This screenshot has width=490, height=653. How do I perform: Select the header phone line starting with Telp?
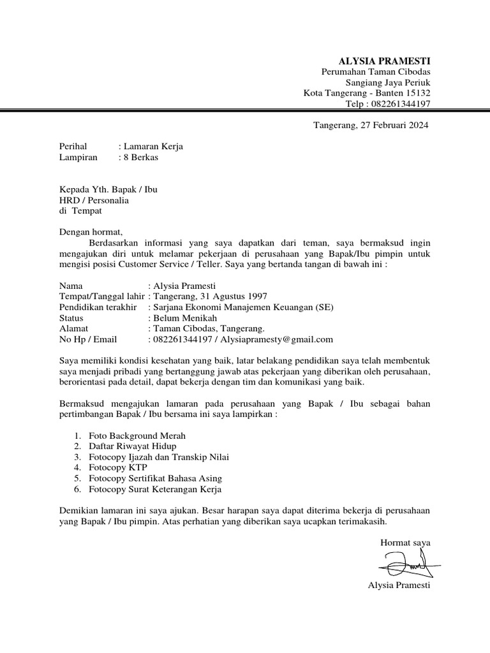[388, 104]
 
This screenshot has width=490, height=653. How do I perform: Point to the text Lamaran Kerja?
[153, 147]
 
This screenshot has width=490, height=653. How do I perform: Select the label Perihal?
[72, 147]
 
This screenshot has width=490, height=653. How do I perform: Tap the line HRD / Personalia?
[94, 200]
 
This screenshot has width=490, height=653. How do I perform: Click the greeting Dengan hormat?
[89, 232]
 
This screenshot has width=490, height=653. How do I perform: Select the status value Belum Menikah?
[184, 318]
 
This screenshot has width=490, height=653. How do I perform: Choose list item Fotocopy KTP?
[118, 467]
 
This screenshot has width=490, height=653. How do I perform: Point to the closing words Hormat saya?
[405, 543]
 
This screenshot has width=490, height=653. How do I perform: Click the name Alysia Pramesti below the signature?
[399, 585]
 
